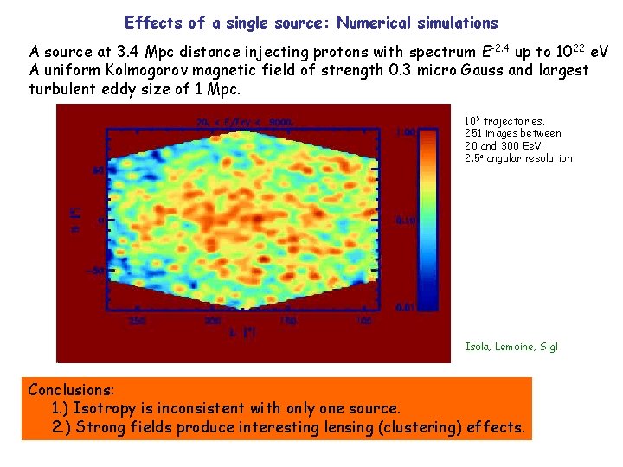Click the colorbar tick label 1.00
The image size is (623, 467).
pos(405,132)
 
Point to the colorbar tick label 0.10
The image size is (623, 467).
pos(405,220)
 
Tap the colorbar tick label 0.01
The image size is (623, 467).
pos(405,307)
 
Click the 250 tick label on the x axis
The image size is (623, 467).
pos(138,321)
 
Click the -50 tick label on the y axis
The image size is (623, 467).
pos(93,271)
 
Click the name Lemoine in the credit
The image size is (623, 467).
pos(517,347)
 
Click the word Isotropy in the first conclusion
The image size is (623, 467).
pos(102,408)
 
